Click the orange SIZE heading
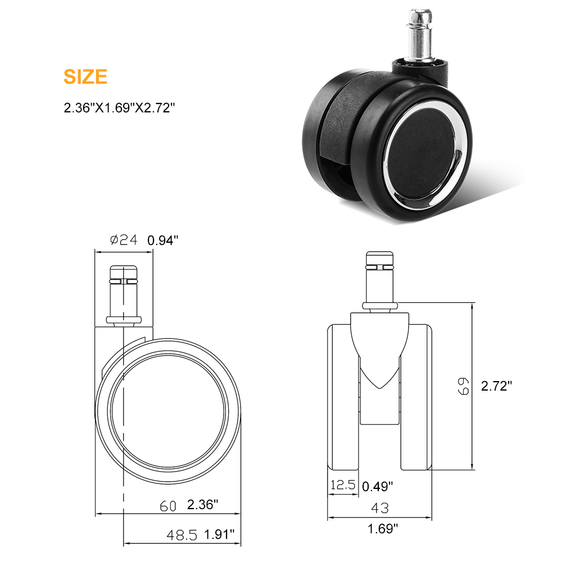point(85,76)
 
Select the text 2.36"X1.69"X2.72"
point(119,107)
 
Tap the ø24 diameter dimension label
point(124,240)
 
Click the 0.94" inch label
point(163,240)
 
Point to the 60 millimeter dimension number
point(168,506)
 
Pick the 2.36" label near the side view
point(202,505)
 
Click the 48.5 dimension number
point(182,535)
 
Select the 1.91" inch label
point(219,534)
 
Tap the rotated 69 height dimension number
point(464,386)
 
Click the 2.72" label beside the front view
point(496,386)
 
